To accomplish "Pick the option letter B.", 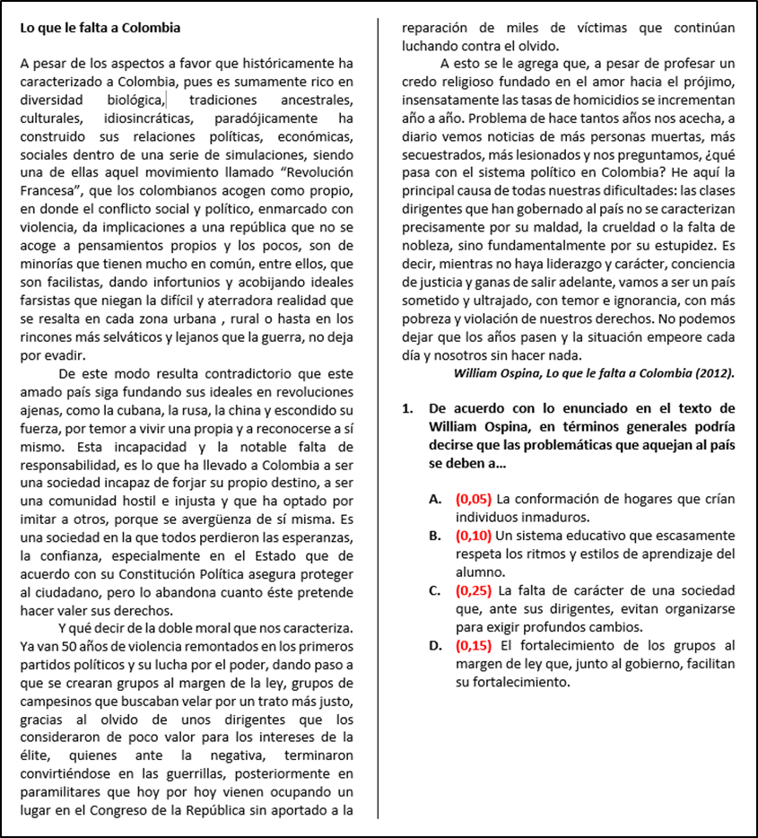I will pos(434,536).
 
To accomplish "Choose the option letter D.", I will pos(434,645).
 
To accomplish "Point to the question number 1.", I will pos(408,408).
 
